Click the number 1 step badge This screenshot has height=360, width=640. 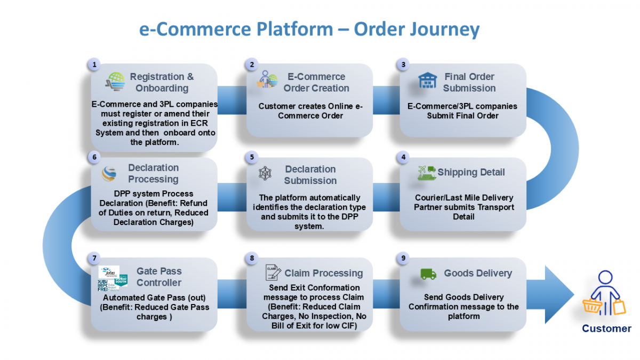click(94, 65)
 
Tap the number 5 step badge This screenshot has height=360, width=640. click(252, 158)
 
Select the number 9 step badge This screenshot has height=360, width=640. click(403, 258)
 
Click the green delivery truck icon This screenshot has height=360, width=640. click(428, 274)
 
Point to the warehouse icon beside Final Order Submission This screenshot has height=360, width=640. click(428, 82)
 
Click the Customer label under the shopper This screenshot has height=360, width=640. click(606, 329)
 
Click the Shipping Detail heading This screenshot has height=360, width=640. click(471, 172)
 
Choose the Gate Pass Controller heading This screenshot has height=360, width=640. click(159, 277)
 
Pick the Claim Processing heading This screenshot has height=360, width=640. click(323, 273)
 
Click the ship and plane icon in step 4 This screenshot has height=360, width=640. click(427, 173)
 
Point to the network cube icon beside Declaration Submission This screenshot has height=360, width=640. click(265, 173)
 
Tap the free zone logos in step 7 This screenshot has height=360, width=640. click(113, 277)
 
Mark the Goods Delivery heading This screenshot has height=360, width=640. click(478, 273)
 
